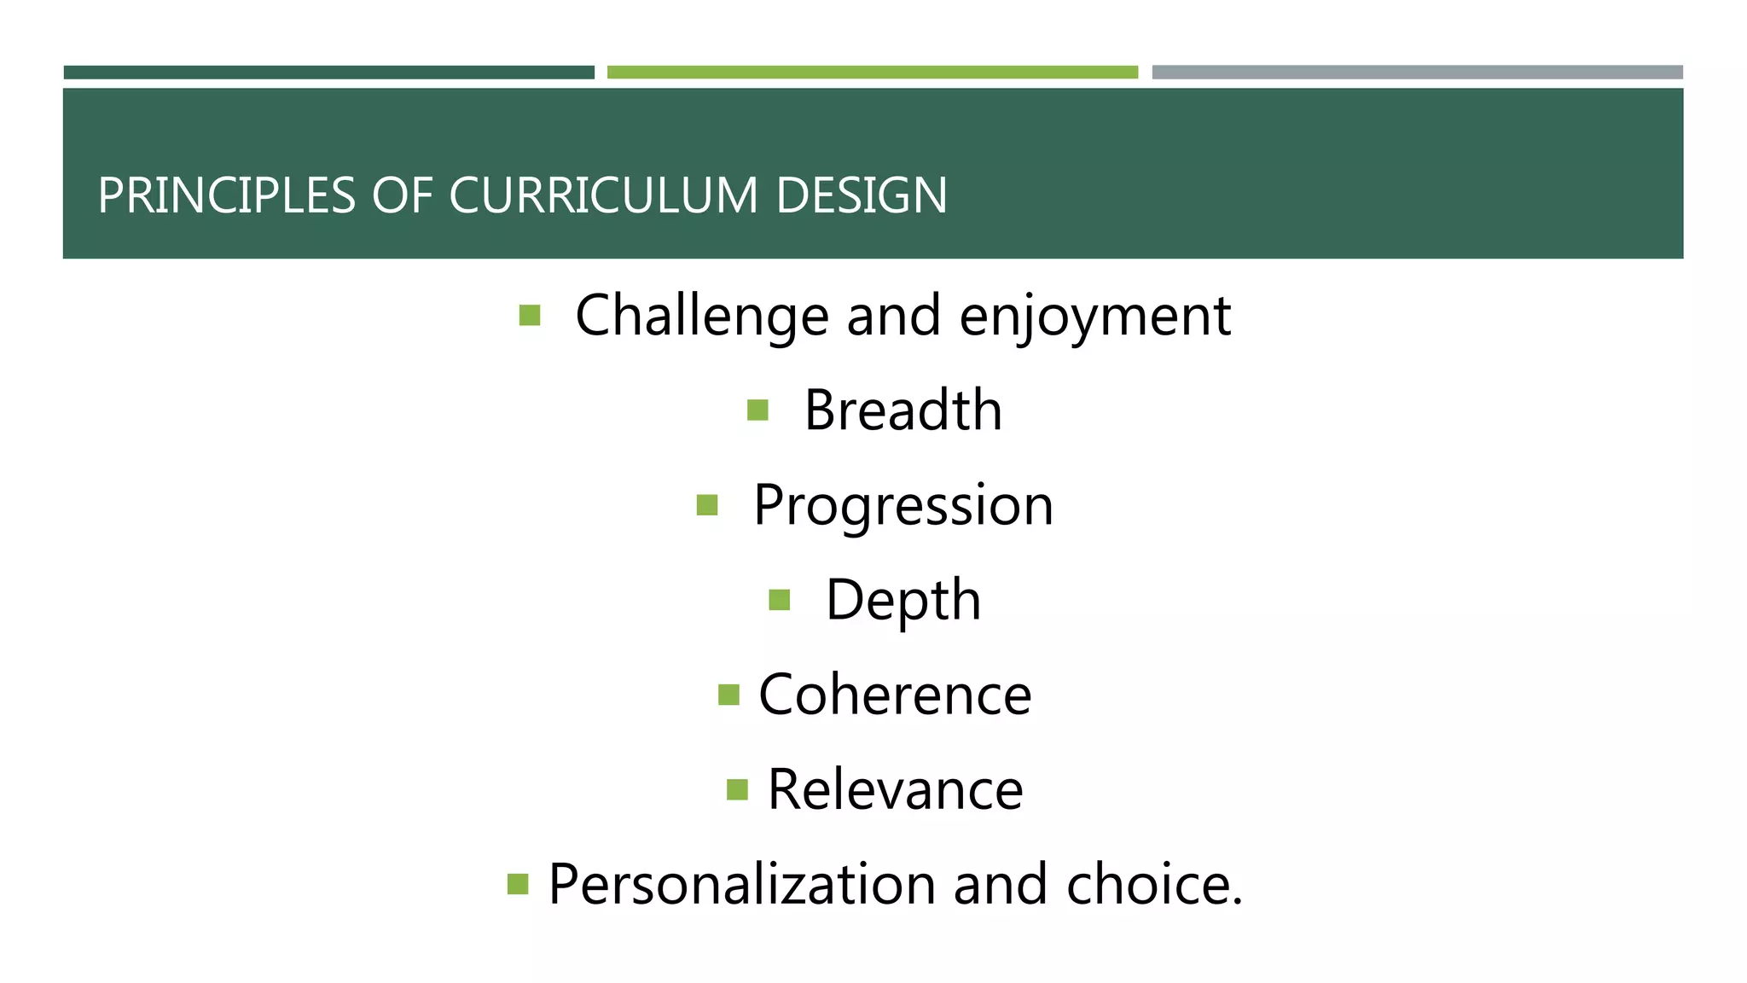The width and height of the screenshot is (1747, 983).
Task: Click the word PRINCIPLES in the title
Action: tap(226, 195)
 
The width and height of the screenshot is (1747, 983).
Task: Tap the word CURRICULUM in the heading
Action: tap(603, 195)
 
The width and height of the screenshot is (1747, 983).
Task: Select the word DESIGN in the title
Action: tap(861, 195)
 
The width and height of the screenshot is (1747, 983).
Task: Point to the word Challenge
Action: tap(701, 317)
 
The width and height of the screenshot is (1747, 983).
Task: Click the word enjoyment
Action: tap(1094, 317)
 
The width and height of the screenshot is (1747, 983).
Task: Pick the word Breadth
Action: tap(903, 410)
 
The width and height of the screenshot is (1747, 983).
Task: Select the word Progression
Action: tap(903, 505)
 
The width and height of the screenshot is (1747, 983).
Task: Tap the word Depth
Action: tap(903, 600)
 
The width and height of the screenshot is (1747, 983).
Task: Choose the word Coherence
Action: tap(895, 695)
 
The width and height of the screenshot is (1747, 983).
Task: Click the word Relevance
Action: tap(895, 789)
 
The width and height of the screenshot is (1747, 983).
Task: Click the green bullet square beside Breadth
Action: tap(757, 411)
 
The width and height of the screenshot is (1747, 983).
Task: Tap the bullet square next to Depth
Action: tap(779, 600)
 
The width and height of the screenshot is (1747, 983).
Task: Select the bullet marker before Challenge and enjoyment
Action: tap(530, 317)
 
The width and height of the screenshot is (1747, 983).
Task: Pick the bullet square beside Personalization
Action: tap(518, 884)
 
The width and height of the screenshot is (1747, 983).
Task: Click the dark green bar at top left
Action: tap(328, 73)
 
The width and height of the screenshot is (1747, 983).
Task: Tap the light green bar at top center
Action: tap(872, 73)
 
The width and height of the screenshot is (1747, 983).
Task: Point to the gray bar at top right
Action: tap(1417, 73)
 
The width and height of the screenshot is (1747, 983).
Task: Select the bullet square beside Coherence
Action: tap(728, 695)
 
